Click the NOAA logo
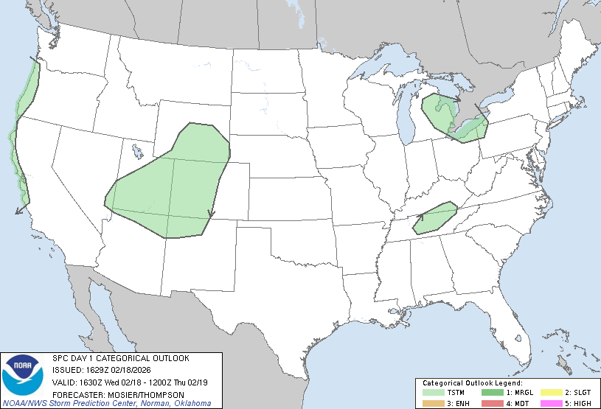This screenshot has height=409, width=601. [x=22, y=374]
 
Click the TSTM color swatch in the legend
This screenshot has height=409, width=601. [x=433, y=393]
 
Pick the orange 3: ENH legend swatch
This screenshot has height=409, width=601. [x=433, y=402]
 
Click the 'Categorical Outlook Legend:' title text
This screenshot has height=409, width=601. [x=472, y=383]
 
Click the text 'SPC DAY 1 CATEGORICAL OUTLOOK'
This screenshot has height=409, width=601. [x=120, y=358]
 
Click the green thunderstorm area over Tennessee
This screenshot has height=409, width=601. [x=434, y=219]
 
